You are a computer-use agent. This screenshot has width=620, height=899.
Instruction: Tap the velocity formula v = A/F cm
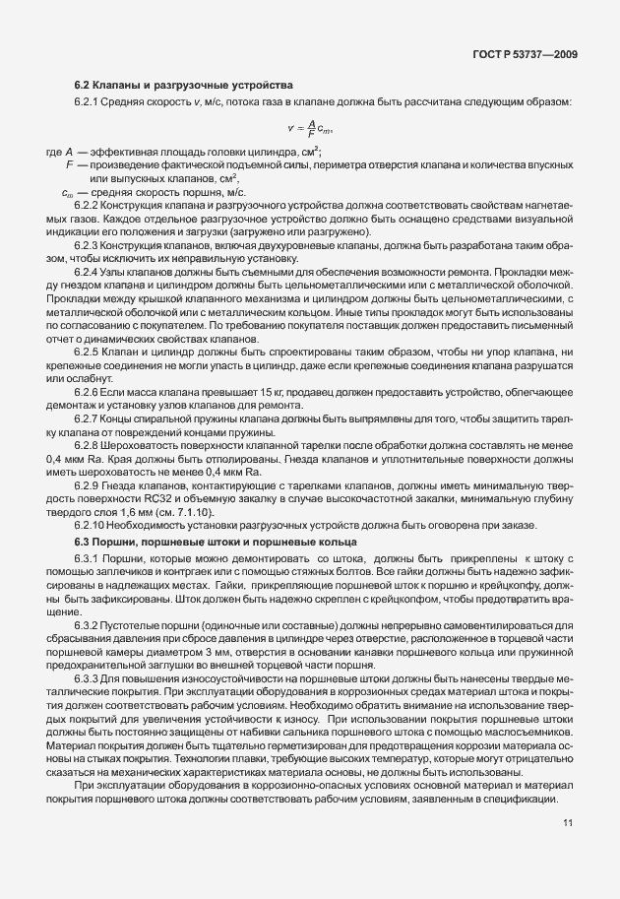pyautogui.click(x=310, y=127)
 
